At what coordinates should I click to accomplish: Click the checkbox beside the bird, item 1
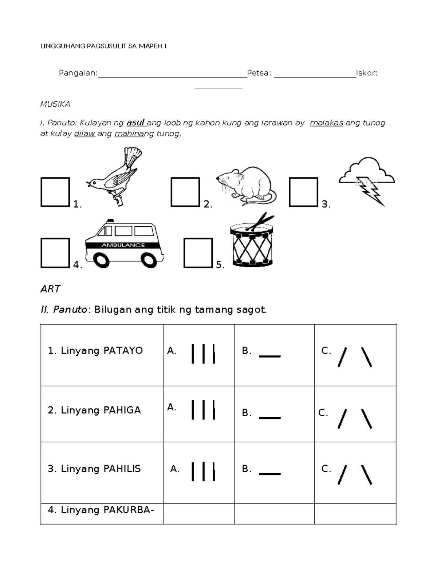(x=55, y=192)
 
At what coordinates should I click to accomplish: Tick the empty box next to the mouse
(x=185, y=192)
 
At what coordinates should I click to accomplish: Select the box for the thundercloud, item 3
(x=303, y=192)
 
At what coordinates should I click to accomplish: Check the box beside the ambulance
(x=55, y=253)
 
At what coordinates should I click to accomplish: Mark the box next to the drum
(x=198, y=253)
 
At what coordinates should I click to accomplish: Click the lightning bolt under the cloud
(x=370, y=191)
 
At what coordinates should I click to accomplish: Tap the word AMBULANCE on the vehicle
(x=123, y=245)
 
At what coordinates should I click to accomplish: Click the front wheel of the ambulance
(x=101, y=260)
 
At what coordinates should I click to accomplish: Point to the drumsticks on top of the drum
(x=260, y=222)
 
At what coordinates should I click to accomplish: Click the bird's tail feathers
(x=133, y=154)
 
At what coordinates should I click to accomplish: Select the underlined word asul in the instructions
(x=136, y=123)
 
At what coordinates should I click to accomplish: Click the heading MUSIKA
(x=55, y=104)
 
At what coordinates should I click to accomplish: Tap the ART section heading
(x=50, y=289)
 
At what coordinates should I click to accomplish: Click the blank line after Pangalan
(x=172, y=74)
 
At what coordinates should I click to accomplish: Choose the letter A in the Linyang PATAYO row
(x=172, y=351)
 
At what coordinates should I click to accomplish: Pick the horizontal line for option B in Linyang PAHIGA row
(x=269, y=418)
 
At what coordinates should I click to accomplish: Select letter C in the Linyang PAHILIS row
(x=326, y=469)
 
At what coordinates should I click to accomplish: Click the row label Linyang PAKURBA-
(x=101, y=510)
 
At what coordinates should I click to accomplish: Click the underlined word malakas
(x=326, y=123)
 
